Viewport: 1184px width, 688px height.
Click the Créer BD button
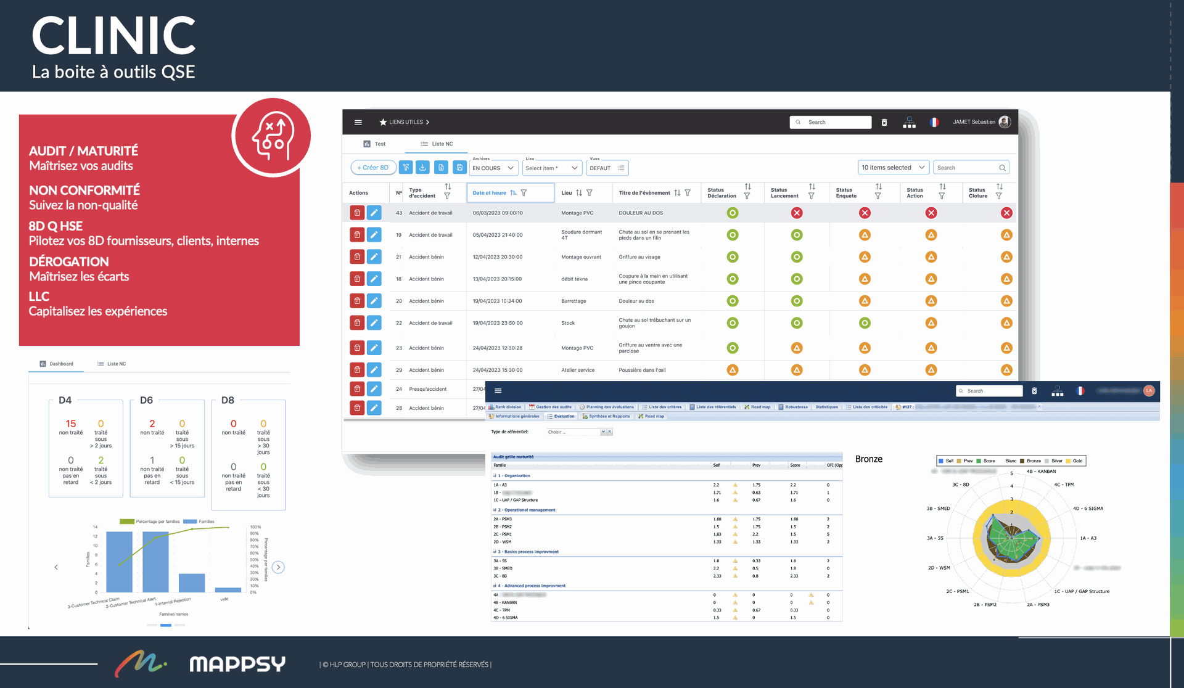coord(373,168)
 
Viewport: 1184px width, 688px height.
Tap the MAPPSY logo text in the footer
coord(237,664)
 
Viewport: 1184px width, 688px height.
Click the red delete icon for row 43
coord(357,213)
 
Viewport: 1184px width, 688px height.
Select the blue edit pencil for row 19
coord(374,235)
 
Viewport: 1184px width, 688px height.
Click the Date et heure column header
coord(490,193)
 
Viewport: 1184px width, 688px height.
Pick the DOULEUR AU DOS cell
coord(641,213)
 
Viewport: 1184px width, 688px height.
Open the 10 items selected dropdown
coord(893,168)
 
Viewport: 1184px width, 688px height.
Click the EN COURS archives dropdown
coord(493,168)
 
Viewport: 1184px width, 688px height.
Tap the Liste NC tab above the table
coord(437,144)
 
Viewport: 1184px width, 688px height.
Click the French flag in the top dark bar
coord(934,122)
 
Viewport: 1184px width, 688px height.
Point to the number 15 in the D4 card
coord(71,424)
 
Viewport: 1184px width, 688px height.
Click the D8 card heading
coord(228,400)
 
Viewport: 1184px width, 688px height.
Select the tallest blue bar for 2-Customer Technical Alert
coord(155,561)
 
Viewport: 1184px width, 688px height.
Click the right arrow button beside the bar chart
coord(278,567)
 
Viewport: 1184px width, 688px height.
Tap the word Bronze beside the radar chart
coord(869,459)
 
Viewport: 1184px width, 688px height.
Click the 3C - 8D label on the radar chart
coord(960,485)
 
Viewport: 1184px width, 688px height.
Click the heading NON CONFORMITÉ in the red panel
coord(84,190)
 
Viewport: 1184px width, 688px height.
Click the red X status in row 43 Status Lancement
coord(797,213)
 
